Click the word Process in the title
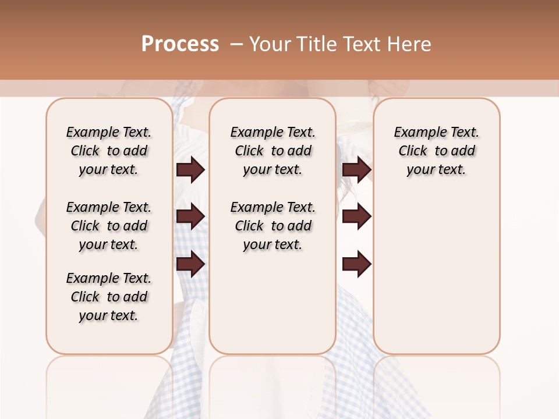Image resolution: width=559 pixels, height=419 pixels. (x=180, y=44)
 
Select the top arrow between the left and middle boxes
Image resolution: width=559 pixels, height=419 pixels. (x=190, y=169)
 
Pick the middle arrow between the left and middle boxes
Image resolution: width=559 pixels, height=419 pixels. (x=190, y=217)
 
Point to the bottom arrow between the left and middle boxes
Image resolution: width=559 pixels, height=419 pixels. (x=190, y=265)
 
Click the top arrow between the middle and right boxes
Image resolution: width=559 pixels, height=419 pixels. (x=356, y=169)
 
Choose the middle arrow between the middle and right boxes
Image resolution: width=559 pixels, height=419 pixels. (x=356, y=217)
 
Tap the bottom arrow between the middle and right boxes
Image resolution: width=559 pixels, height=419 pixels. (x=356, y=265)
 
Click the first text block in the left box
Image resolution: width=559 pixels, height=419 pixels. (x=109, y=151)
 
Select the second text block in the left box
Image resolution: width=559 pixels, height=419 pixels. (x=109, y=226)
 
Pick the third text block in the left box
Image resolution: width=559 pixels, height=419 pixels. (x=109, y=297)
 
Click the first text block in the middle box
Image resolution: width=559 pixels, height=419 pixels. (x=273, y=151)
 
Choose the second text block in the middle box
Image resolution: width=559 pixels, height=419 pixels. (x=273, y=226)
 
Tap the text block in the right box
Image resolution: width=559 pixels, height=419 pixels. (x=436, y=151)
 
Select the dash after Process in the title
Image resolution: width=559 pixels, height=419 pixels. (x=236, y=44)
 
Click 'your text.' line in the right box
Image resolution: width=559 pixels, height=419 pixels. (x=436, y=170)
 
